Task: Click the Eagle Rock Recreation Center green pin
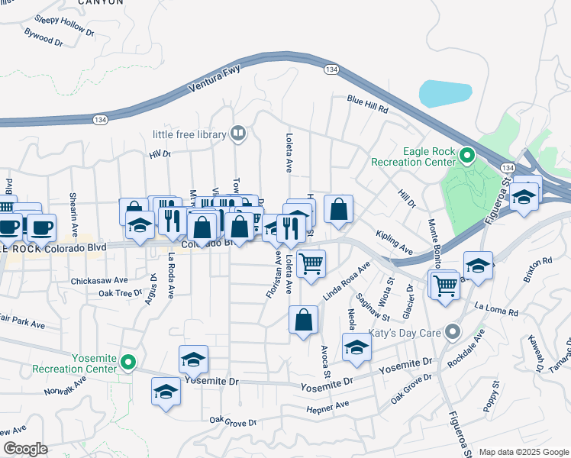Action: [x=468, y=156]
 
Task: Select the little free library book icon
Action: [x=238, y=134]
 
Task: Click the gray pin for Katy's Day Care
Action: [x=453, y=331]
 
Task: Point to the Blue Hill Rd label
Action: [x=368, y=105]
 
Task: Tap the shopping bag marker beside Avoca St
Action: [x=303, y=321]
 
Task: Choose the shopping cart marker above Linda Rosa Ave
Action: [x=311, y=264]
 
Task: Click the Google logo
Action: [x=25, y=449]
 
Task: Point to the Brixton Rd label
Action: [x=537, y=270]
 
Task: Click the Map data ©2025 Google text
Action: [x=524, y=452]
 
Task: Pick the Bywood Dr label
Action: [x=43, y=37]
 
